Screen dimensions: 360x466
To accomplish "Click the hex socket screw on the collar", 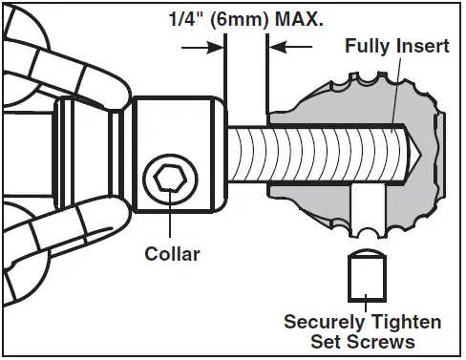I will point(168,179).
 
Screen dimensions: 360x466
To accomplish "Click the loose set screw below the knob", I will point(365,278).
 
